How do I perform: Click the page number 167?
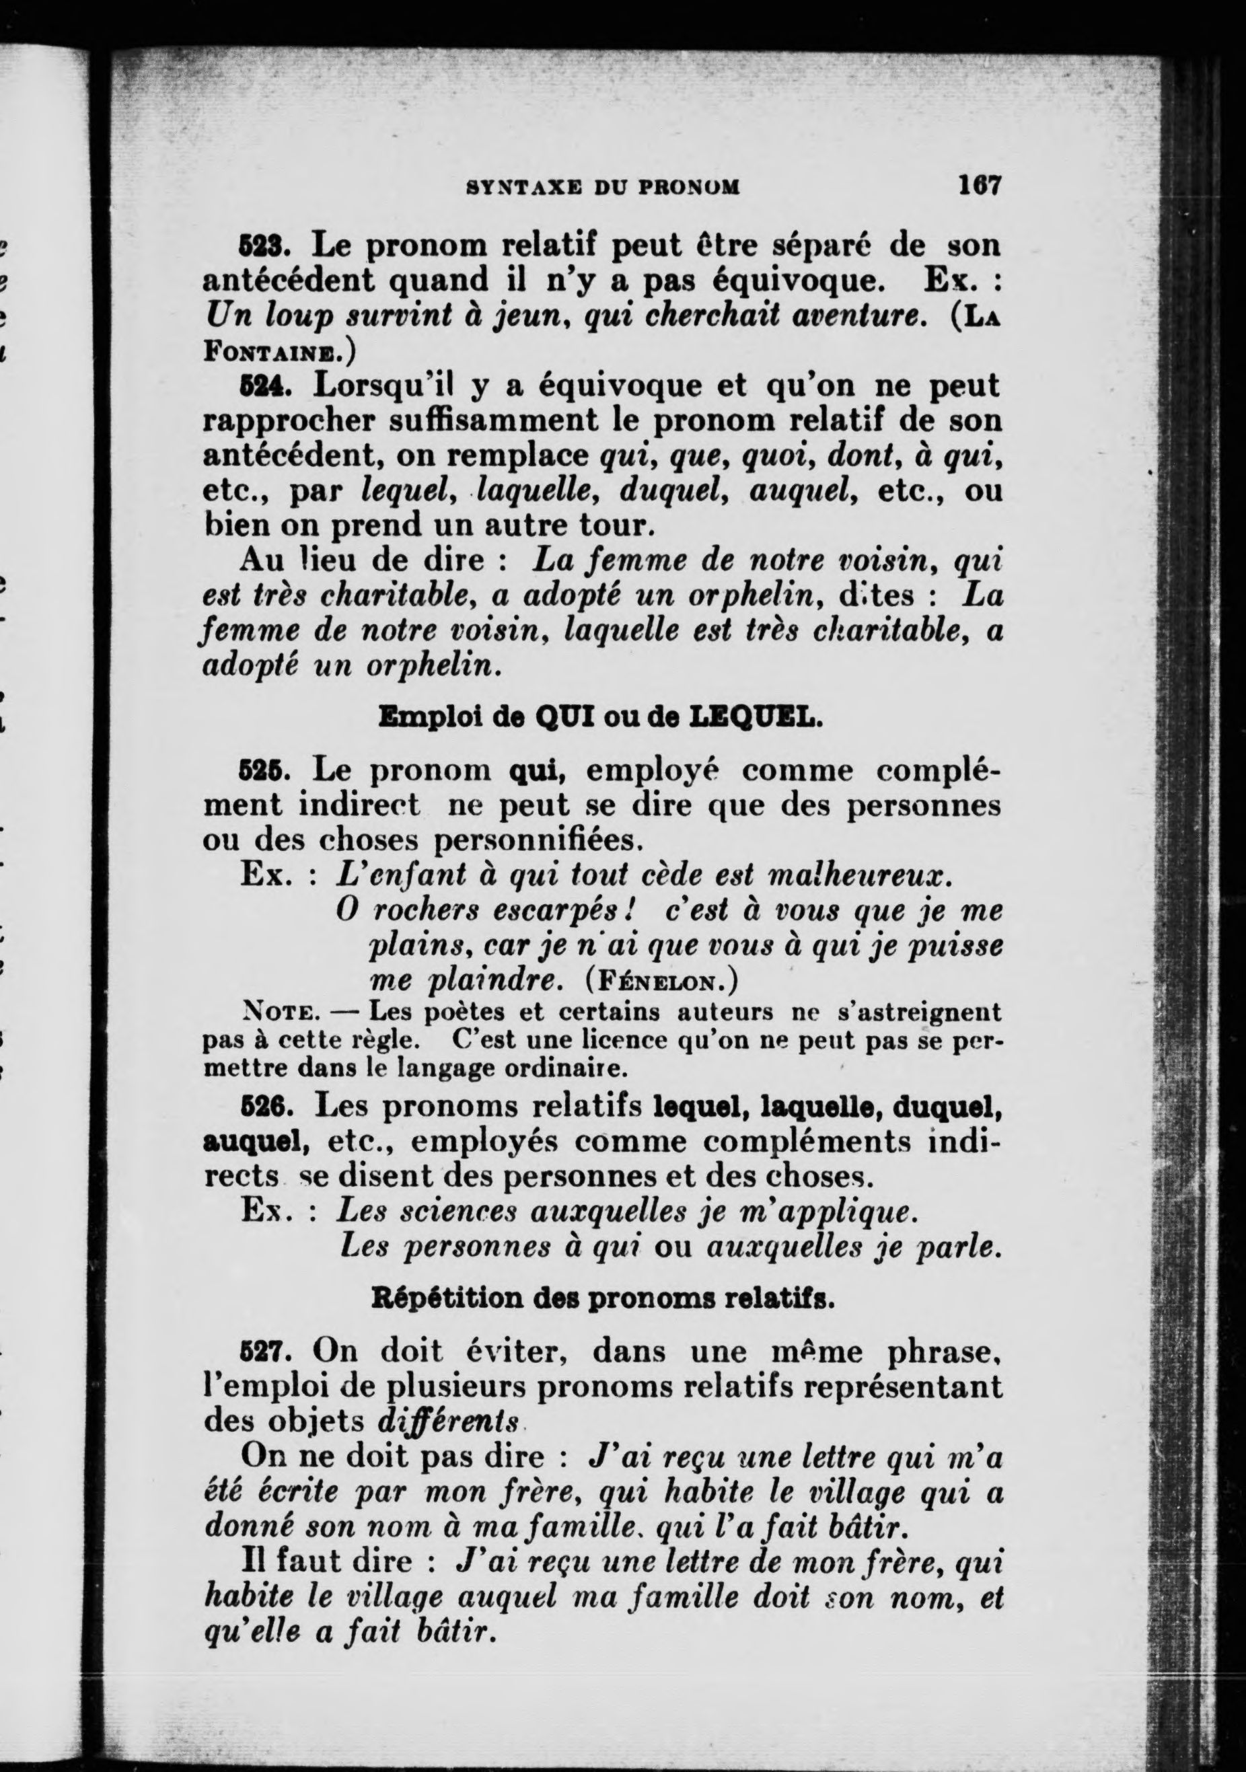(x=979, y=185)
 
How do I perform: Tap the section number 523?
(x=263, y=248)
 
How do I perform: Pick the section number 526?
(x=263, y=1107)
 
